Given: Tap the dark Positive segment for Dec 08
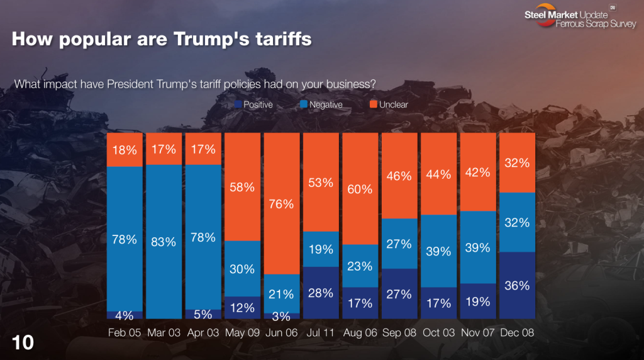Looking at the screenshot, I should [517, 285].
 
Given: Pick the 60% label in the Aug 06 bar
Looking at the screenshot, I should [360, 189].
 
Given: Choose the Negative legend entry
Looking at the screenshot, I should [321, 104].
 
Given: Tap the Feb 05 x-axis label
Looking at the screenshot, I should [125, 333].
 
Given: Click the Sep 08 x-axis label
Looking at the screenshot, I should [399, 333].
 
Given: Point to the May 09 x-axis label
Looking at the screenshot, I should [242, 333].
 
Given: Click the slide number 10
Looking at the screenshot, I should [23, 342].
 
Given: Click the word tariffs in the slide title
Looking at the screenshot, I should [279, 40].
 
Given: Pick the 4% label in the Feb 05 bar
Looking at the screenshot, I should [125, 314].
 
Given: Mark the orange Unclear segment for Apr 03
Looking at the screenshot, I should [203, 149].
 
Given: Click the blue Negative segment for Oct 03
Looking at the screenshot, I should [438, 250].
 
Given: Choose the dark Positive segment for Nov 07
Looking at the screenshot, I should [478, 301].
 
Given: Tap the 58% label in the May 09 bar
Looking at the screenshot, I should [242, 187].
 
